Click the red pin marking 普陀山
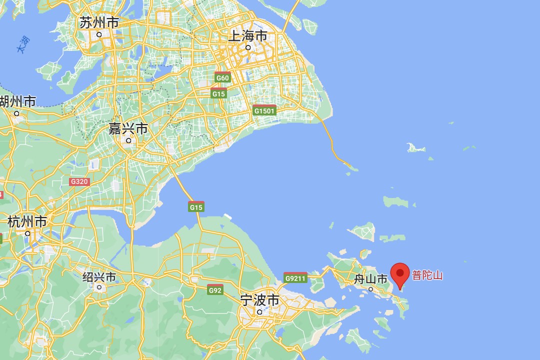pos(399,273)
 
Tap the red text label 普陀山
pos(427,275)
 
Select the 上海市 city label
pos(247,36)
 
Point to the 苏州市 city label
pos(99,22)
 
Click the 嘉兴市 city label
pos(128,129)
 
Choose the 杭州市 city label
pos(27,221)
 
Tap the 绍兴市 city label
pos(99,277)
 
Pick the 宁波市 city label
pos(259,300)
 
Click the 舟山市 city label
pos(370,279)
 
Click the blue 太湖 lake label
pos(22,44)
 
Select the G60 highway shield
pos(222,77)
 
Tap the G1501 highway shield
pos(264,110)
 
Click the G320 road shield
pos(79,181)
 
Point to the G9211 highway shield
pos(295,278)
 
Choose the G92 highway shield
pos(215,289)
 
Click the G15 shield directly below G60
pos(218,93)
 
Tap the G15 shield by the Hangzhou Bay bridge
pos(196,206)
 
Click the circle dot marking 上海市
pos(248,48)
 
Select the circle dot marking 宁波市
pos(259,312)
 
